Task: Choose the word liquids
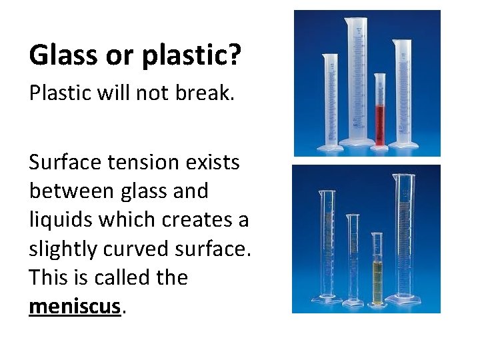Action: pos(59,220)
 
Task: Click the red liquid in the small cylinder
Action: pos(379,123)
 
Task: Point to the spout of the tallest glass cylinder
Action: pos(395,176)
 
